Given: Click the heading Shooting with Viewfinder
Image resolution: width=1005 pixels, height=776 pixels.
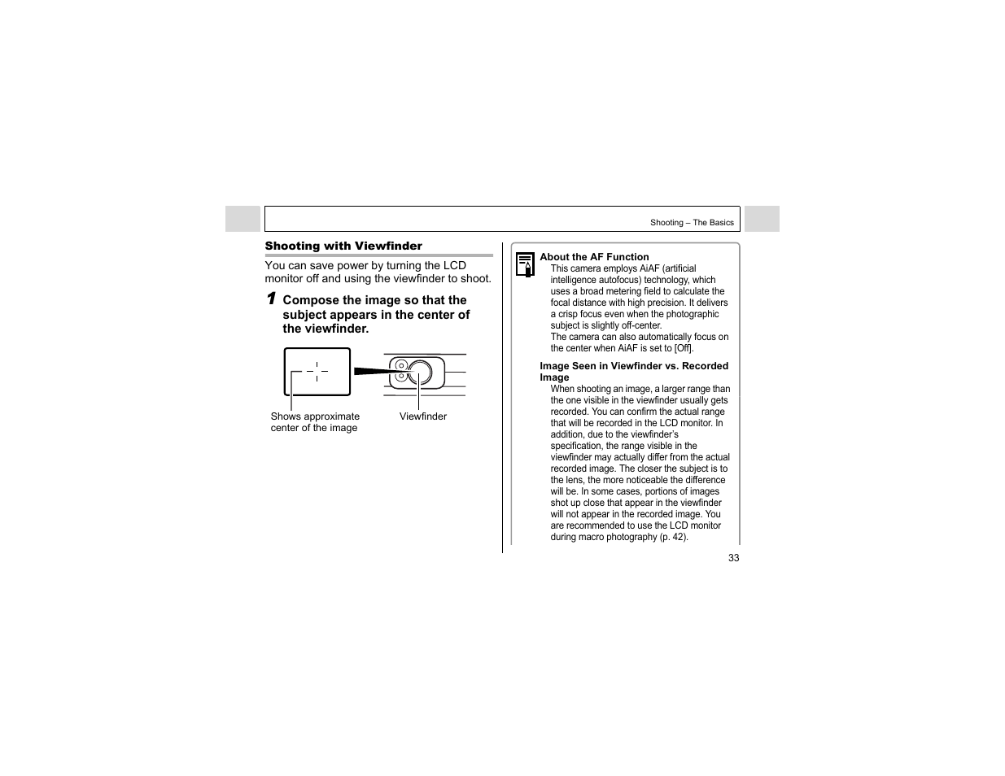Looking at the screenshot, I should point(343,246).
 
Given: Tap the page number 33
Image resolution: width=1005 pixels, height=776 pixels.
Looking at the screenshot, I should point(733,558).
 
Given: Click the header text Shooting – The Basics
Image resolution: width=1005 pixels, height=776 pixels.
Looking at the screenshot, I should point(692,223).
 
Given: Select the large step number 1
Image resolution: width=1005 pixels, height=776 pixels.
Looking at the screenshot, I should point(272,299).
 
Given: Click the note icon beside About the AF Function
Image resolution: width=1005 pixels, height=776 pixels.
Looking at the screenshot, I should point(526,264).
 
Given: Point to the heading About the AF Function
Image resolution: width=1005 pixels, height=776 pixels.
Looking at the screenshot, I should point(594,257).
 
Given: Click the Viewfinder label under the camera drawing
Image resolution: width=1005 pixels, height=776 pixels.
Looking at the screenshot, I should point(422,416).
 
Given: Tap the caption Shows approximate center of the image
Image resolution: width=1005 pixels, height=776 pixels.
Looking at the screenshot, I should point(315,422).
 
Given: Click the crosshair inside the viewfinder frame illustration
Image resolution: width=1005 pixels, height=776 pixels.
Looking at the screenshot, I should point(317,372).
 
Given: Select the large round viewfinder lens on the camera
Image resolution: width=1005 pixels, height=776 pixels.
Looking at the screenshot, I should point(420,373).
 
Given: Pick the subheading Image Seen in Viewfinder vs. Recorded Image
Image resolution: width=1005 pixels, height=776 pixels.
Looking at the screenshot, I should point(633,371).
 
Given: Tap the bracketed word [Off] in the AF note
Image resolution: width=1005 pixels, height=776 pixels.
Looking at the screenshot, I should point(684,348).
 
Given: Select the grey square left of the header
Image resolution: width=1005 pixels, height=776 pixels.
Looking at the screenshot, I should point(243,219).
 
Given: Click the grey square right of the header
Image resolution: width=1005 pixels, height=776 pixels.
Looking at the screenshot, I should point(762,219).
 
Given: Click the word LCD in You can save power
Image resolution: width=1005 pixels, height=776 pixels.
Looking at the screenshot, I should point(454,266).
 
